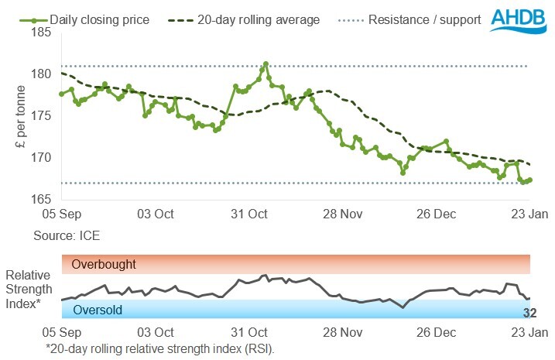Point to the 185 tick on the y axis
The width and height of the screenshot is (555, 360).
point(42,33)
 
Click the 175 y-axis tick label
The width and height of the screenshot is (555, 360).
point(42,116)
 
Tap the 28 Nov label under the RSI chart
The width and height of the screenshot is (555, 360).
point(342,332)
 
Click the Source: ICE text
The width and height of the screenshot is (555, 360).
point(67,231)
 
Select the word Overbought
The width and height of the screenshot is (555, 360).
point(104,265)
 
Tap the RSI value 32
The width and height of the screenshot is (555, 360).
point(529,313)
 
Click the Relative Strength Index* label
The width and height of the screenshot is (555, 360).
point(29,290)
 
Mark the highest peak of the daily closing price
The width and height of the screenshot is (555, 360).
point(266,63)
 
